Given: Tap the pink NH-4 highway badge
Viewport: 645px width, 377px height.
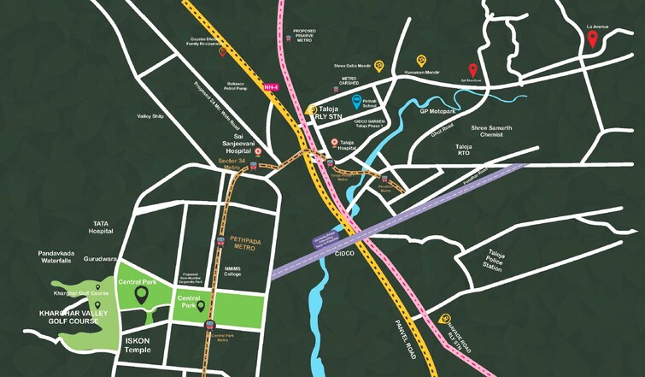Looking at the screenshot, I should (272, 86).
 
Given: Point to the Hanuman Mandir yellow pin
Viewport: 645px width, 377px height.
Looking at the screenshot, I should (420, 61).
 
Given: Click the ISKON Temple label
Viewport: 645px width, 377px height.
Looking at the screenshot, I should (138, 345).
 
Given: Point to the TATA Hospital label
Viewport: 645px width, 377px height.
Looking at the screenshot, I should (101, 227).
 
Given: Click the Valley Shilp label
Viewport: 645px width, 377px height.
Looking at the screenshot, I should (150, 116).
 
